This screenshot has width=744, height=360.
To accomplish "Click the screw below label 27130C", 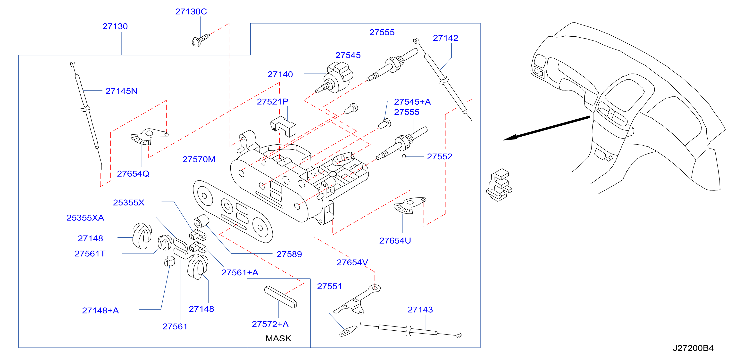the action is pos(201,40).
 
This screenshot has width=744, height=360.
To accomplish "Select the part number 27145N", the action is pos(121,91).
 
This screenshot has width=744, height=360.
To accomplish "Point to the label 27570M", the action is pos(199,159).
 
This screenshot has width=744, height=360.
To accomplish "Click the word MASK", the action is pos(278,338).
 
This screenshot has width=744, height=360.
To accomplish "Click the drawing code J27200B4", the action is pos(693,348).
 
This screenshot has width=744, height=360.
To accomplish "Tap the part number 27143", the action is pos(420,310).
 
